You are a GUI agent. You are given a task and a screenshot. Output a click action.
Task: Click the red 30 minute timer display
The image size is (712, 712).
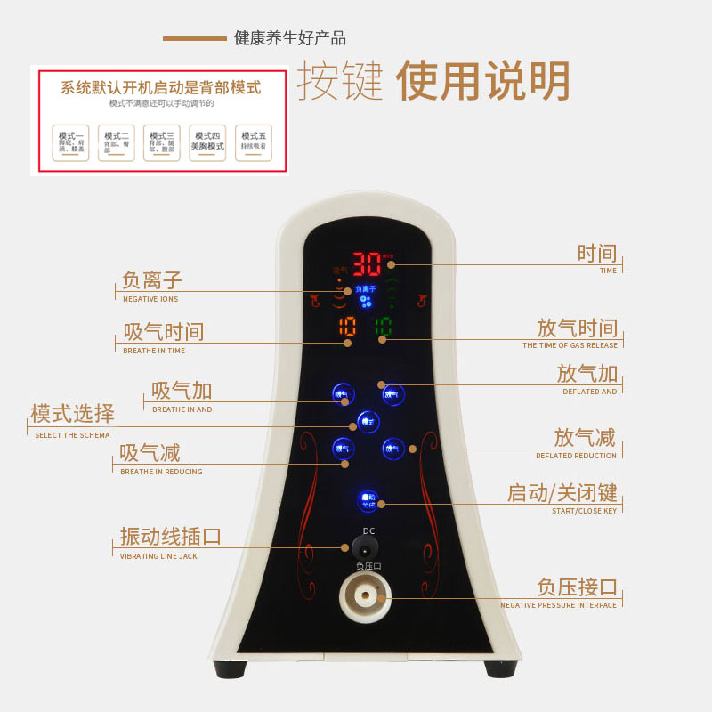(x=367, y=264)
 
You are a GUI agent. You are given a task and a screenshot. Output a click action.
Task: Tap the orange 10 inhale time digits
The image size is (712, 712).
(x=346, y=327)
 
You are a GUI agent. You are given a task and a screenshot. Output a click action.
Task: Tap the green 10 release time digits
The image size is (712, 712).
(x=383, y=327)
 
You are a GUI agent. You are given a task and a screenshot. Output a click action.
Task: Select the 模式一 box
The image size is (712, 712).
(x=71, y=142)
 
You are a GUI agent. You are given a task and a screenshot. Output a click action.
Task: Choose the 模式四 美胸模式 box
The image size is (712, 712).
(x=207, y=142)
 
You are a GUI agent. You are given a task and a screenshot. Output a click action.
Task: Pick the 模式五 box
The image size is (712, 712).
(x=254, y=142)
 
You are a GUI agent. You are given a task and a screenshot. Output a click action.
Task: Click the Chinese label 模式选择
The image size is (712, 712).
(x=72, y=414)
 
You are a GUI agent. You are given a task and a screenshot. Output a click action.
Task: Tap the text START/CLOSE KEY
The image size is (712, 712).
(x=584, y=511)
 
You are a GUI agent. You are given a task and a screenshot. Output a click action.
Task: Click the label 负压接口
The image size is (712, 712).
(x=577, y=587)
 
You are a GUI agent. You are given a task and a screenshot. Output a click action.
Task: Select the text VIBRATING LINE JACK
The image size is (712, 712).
(x=158, y=556)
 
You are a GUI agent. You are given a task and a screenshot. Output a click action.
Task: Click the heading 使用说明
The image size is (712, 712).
(x=482, y=83)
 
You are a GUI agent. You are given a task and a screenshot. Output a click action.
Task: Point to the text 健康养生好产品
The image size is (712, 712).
(x=290, y=38)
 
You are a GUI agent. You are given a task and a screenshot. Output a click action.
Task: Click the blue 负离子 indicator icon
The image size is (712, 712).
(x=366, y=296)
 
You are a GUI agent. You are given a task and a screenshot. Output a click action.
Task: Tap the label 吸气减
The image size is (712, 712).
(x=150, y=453)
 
